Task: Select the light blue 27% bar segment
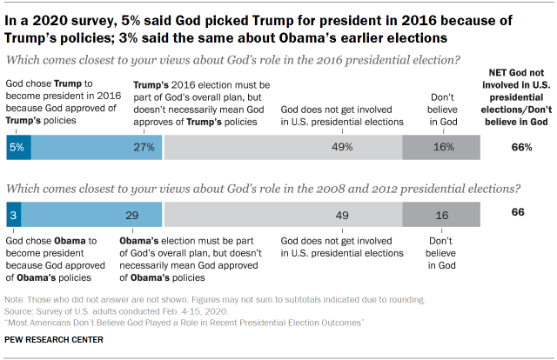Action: [97, 147]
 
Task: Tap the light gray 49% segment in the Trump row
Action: [283, 147]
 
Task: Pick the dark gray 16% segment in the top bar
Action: [440, 147]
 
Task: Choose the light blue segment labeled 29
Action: [97, 213]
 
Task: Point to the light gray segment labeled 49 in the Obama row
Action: [283, 213]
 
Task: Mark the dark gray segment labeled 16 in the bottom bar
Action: [440, 213]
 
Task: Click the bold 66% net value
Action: [521, 147]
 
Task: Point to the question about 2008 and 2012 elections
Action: [264, 187]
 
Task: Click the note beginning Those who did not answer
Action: [215, 300]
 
